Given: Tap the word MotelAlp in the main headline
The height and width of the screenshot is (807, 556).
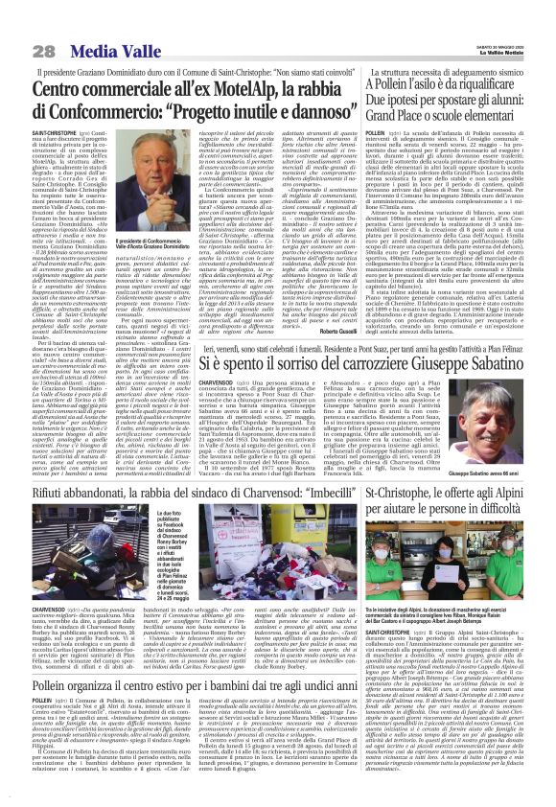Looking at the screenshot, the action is (252, 91).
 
